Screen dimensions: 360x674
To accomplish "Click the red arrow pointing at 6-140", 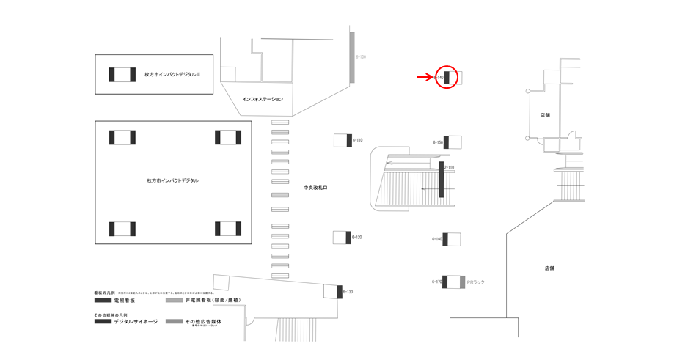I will click(425, 76).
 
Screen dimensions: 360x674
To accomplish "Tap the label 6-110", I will click(358, 139).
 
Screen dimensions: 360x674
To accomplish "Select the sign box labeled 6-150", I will click(453, 142).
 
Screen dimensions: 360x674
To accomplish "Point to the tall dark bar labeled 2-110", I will click(442, 180).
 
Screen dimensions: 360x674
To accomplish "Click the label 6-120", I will click(358, 238).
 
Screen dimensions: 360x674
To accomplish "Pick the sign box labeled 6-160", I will click(452, 239).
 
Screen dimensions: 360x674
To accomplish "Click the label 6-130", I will click(348, 292).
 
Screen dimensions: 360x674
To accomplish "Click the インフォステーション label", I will click(263, 98).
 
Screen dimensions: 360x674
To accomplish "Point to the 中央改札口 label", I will click(315, 188).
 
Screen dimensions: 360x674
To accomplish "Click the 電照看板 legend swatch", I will click(103, 301).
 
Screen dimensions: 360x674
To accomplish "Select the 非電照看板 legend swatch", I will click(174, 301).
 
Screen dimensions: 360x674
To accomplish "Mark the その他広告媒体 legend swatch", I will click(174, 321).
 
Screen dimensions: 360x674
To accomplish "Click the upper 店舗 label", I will click(545, 115).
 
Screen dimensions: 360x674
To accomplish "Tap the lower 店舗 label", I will click(549, 268).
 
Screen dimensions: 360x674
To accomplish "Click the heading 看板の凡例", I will click(105, 292).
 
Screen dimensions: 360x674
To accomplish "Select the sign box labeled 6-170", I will click(452, 282).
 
